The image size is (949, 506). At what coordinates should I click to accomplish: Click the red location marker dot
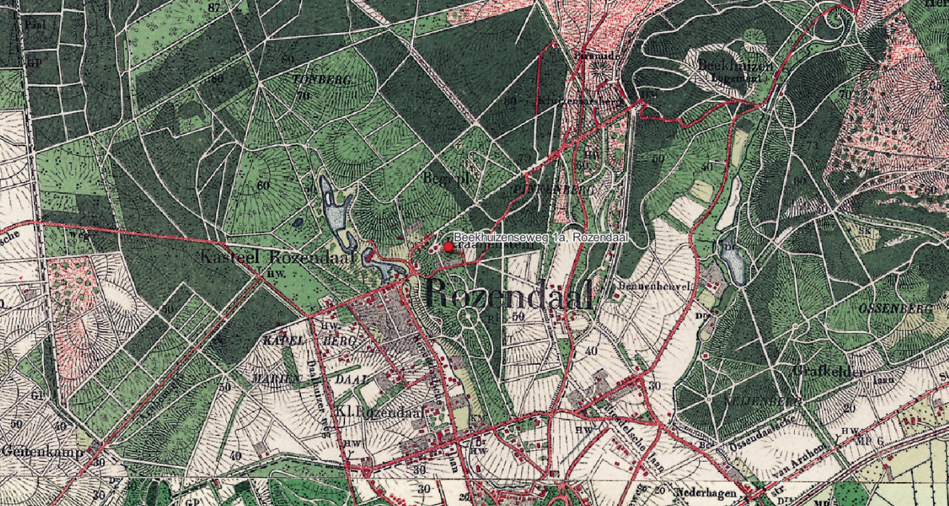pos(448,247)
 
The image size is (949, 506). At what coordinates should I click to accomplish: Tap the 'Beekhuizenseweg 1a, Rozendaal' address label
pos(540,237)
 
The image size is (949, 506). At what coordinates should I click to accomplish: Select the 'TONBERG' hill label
pos(323,80)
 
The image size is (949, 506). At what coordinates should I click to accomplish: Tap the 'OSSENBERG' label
pos(896,309)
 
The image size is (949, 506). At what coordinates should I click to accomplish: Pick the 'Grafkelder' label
pos(828,372)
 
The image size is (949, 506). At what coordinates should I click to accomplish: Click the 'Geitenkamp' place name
pos(42,451)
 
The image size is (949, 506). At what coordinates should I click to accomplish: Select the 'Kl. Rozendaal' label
pos(380,411)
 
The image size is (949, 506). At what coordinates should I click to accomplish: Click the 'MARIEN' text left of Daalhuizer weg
pos(274,378)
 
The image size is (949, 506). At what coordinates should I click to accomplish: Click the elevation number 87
pos(215,7)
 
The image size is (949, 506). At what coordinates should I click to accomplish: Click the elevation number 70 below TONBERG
pos(303,96)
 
